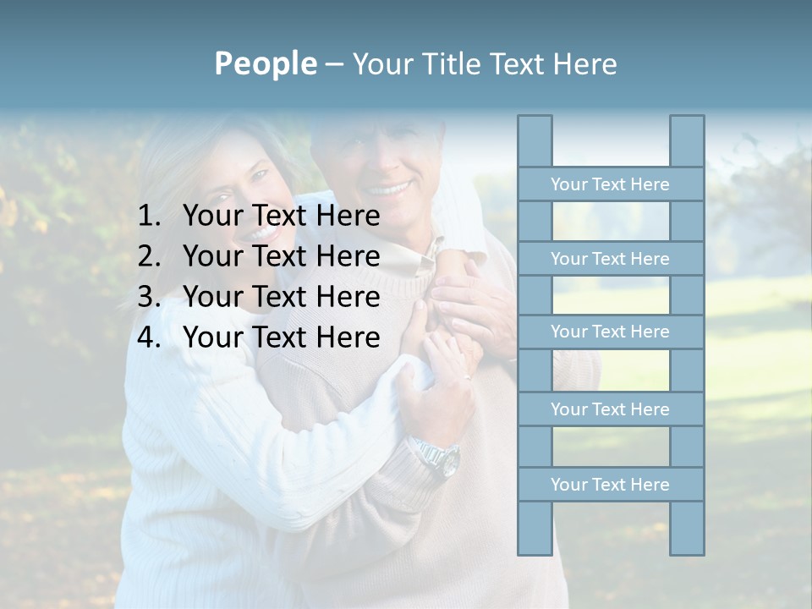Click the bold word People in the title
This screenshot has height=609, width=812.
click(x=265, y=64)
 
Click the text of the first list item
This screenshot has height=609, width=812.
click(x=281, y=217)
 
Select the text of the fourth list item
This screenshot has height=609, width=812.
click(x=281, y=337)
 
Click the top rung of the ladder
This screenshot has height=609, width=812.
click(x=610, y=184)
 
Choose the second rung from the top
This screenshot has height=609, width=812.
click(x=610, y=259)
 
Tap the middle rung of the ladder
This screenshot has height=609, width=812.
click(x=610, y=332)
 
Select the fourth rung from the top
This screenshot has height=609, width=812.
click(x=610, y=409)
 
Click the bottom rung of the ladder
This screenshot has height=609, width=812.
click(x=610, y=485)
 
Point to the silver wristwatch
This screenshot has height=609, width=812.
click(x=439, y=458)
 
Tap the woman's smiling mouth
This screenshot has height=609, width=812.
click(x=261, y=231)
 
